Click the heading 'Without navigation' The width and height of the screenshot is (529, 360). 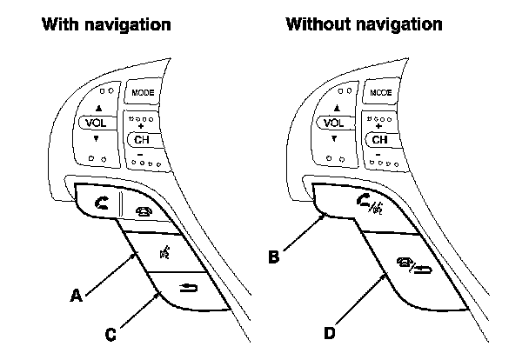pos(364,23)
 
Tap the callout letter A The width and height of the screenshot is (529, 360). pos(77,295)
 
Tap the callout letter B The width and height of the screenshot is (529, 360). pos(273,257)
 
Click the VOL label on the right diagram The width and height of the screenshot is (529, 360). pos(333,123)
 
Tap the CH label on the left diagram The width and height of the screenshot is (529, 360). pos(141,139)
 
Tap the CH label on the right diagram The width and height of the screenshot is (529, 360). pos(380,139)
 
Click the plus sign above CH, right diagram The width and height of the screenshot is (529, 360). pos(380,126)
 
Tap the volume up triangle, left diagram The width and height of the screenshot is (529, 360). pos(99,109)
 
